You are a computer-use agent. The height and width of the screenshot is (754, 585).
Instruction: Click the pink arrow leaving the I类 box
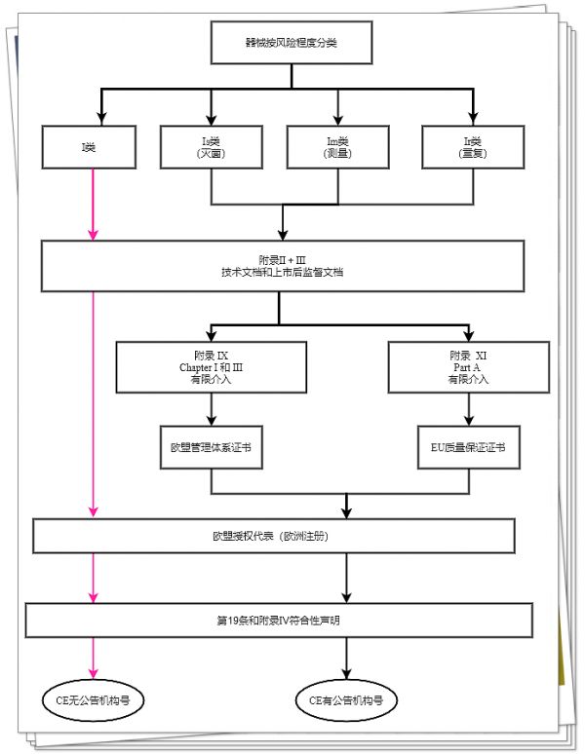point(93,205)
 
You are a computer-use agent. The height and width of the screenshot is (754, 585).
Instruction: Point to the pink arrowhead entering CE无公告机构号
point(93,673)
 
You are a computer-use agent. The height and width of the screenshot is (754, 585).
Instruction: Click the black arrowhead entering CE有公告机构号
point(346,673)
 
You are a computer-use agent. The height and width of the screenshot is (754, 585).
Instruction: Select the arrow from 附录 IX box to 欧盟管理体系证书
point(212,409)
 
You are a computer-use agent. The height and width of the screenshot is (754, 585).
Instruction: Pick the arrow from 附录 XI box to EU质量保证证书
point(469,409)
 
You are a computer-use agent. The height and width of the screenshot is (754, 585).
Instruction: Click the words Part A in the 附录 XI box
point(467,367)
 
